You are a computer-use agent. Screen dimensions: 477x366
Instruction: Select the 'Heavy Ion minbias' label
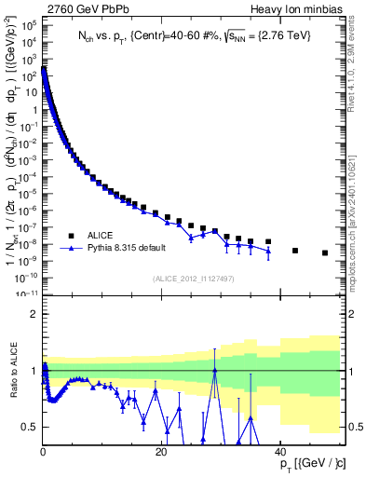299,8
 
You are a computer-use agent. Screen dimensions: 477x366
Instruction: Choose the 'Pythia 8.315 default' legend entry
115,249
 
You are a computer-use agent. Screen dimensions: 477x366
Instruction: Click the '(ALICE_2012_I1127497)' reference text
191,278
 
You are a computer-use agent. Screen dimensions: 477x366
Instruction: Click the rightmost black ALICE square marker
325,252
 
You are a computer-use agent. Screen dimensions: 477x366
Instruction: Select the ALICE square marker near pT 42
295,250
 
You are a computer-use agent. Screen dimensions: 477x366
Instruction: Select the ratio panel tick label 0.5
31,427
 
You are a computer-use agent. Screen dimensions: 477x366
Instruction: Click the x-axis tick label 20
161,450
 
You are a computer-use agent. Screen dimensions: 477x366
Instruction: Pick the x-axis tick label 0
44,450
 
